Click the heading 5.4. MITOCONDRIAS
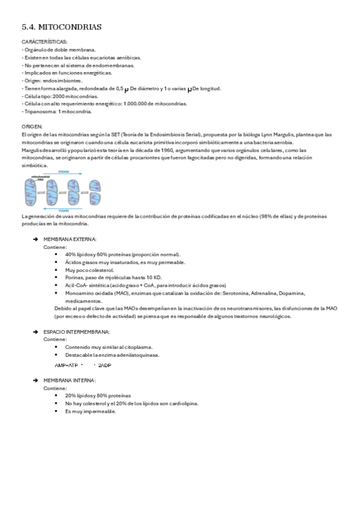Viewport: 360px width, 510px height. click(61, 27)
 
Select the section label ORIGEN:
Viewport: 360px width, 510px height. click(32, 127)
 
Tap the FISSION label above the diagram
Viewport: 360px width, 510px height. click(63, 171)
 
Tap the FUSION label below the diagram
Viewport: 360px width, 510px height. click(63, 210)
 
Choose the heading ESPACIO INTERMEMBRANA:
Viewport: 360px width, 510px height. click(77, 332)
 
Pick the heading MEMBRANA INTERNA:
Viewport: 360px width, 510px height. click(70, 380)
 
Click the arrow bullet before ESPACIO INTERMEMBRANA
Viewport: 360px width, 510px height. click(36, 332)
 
